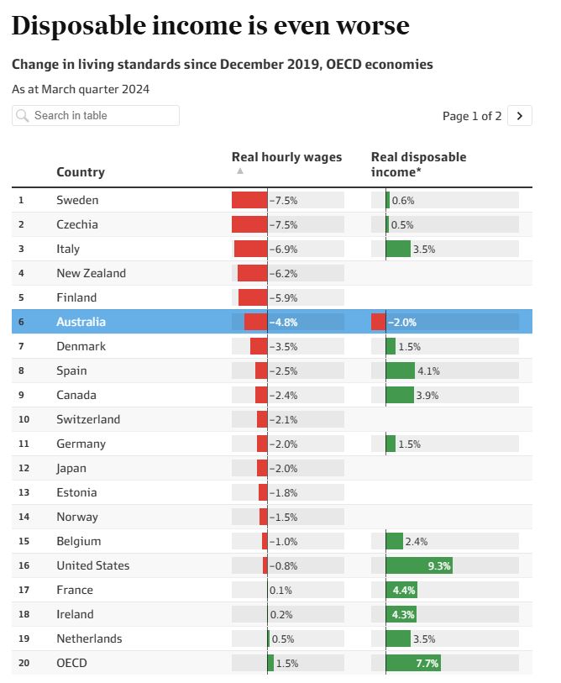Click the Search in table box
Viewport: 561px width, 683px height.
(x=96, y=115)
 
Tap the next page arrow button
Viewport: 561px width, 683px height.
(x=520, y=116)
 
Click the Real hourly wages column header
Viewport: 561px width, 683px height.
(x=286, y=157)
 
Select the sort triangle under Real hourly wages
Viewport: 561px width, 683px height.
(x=240, y=171)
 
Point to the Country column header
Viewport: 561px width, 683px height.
(x=81, y=172)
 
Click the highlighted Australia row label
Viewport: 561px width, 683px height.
(x=81, y=322)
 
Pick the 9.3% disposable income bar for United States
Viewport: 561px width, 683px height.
(x=419, y=565)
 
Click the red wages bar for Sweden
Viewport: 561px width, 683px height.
(x=249, y=200)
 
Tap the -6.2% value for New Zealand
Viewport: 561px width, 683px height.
(x=284, y=274)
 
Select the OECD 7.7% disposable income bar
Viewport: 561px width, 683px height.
(x=413, y=663)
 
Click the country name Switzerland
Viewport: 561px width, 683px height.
(x=88, y=419)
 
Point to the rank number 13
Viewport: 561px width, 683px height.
(x=24, y=492)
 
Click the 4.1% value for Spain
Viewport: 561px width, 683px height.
(x=428, y=371)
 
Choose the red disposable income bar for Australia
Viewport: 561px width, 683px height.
(x=379, y=322)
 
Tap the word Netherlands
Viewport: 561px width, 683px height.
(x=89, y=638)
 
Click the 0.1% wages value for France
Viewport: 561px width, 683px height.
(x=281, y=591)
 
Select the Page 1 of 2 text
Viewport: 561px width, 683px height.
(x=472, y=116)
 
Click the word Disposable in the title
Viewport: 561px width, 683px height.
(x=79, y=25)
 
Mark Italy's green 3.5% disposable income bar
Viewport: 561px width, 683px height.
(x=398, y=249)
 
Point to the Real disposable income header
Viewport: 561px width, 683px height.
(x=418, y=164)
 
